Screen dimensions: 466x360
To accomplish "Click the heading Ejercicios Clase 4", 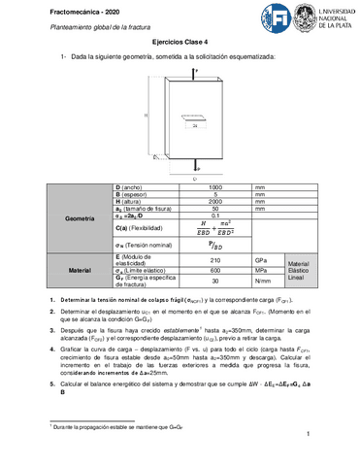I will [180, 44].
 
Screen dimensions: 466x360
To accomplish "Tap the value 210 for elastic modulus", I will [215, 261].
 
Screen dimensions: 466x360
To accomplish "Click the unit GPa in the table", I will [261, 261].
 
